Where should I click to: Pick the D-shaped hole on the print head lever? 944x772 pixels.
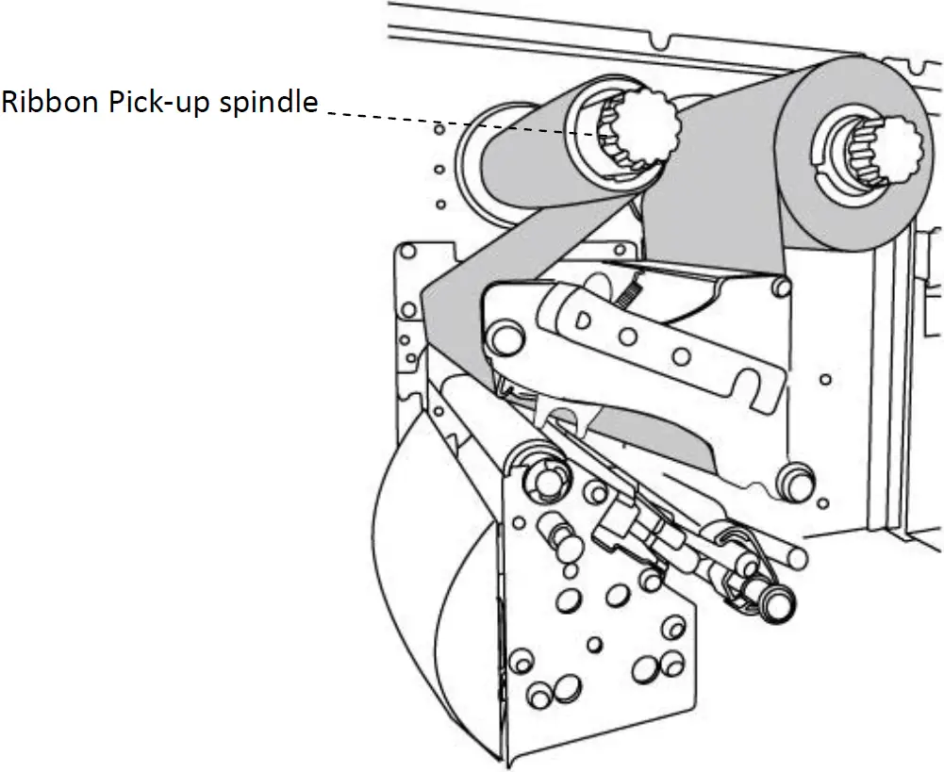[x=584, y=320]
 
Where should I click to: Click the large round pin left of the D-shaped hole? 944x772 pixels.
[x=505, y=334]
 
